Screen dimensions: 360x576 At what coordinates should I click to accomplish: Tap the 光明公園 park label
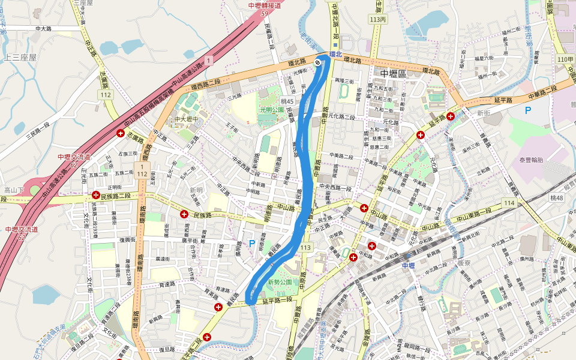tap(271, 110)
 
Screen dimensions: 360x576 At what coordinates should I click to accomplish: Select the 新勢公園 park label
tap(280, 282)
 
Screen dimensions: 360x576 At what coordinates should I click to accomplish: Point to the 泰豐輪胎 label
tap(531, 160)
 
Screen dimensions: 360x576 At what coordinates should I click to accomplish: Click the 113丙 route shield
tap(379, 19)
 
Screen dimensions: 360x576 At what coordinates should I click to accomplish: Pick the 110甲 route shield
tap(565, 59)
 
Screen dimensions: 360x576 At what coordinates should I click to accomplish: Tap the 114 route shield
tap(509, 203)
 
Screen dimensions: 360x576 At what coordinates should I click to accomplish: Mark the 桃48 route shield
tap(557, 198)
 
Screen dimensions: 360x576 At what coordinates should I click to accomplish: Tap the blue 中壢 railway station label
tap(409, 265)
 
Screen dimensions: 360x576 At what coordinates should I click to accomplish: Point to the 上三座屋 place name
tap(20, 57)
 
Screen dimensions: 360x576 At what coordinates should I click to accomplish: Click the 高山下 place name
tap(13, 190)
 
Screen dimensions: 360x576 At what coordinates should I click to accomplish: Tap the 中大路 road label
tap(44, 28)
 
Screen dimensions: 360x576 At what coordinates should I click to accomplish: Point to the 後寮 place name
tap(464, 263)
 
